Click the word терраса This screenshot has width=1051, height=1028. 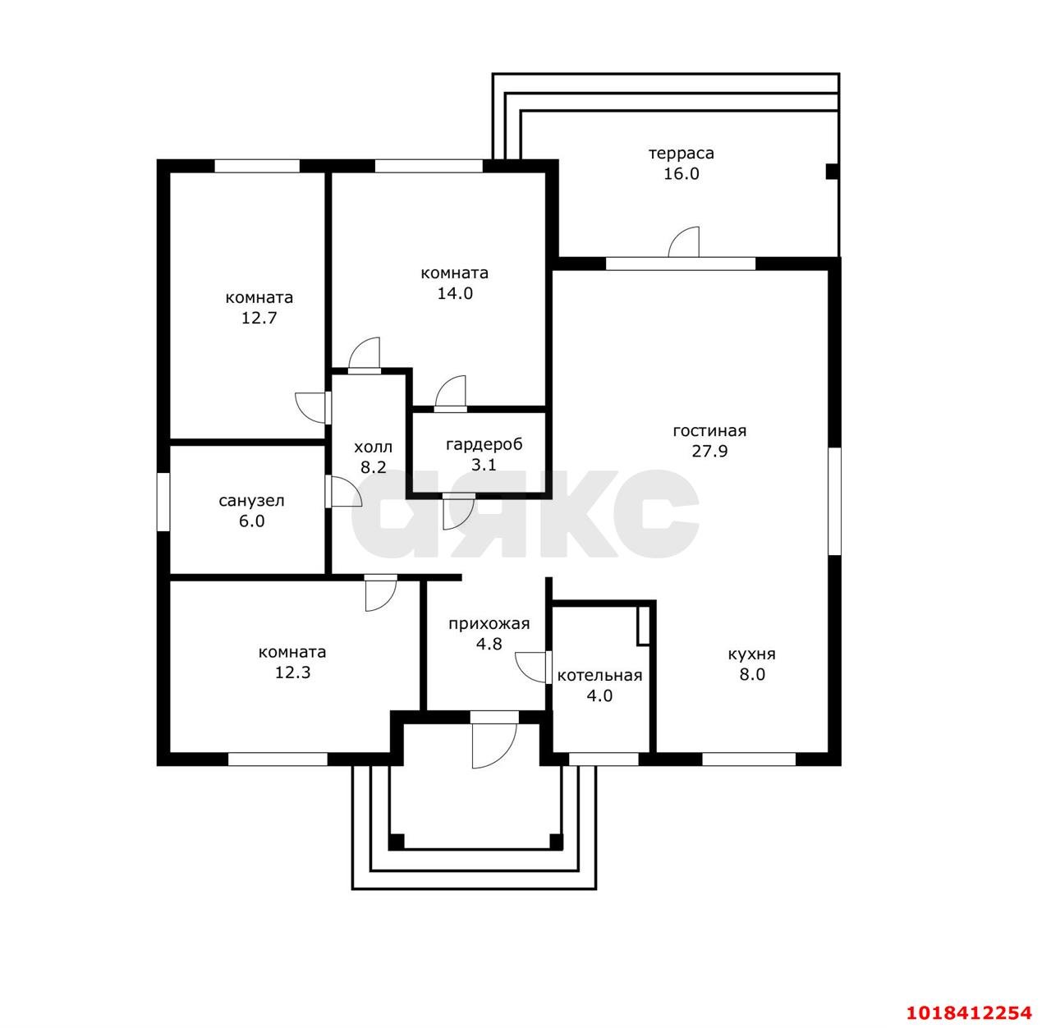click(681, 154)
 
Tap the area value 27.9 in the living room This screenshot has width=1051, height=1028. click(709, 451)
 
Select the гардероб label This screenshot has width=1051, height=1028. click(484, 445)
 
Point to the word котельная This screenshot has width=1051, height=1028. click(599, 676)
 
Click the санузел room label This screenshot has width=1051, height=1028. click(251, 502)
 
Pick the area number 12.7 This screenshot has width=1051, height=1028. click(259, 318)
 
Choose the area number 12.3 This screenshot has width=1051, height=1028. click(292, 672)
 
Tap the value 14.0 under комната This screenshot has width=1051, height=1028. click(455, 293)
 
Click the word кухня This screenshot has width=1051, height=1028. click(751, 654)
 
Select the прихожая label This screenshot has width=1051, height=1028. click(489, 625)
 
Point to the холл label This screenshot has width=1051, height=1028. click(374, 447)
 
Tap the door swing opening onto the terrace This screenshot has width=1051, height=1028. click(684, 241)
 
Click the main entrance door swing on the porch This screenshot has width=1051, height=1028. click(493, 746)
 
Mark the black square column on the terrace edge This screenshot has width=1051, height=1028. click(832, 172)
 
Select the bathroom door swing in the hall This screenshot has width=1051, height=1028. click(346, 492)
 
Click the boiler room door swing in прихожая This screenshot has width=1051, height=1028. click(531, 668)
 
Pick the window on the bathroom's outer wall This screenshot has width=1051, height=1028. click(163, 502)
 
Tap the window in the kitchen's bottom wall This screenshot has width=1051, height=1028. click(749, 759)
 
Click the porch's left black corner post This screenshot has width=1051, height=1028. click(396, 842)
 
